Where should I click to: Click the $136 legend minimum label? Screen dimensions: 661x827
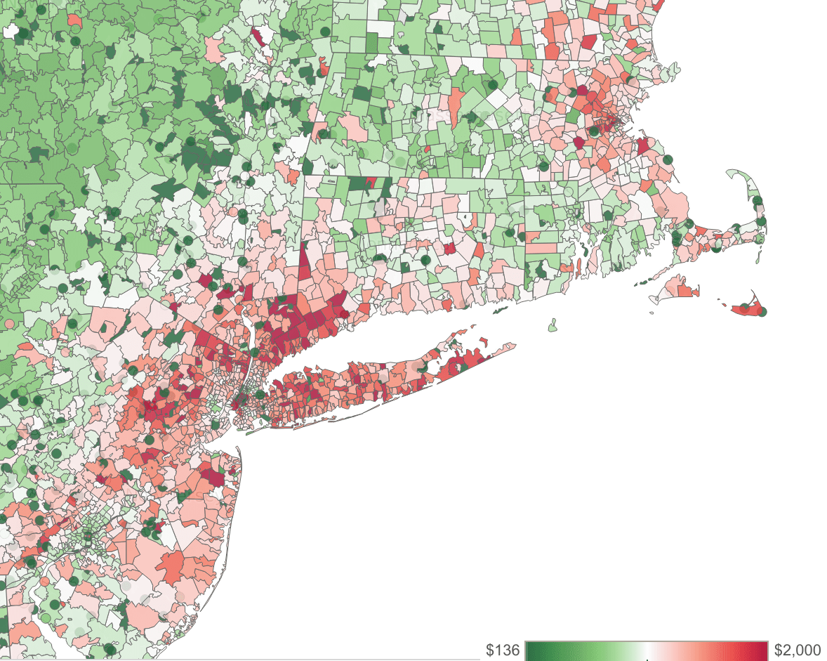tap(503, 650)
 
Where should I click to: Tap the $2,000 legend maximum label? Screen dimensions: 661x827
tap(798, 650)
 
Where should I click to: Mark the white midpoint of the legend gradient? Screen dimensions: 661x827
tap(647, 650)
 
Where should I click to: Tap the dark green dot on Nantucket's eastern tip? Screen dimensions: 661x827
tap(762, 311)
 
